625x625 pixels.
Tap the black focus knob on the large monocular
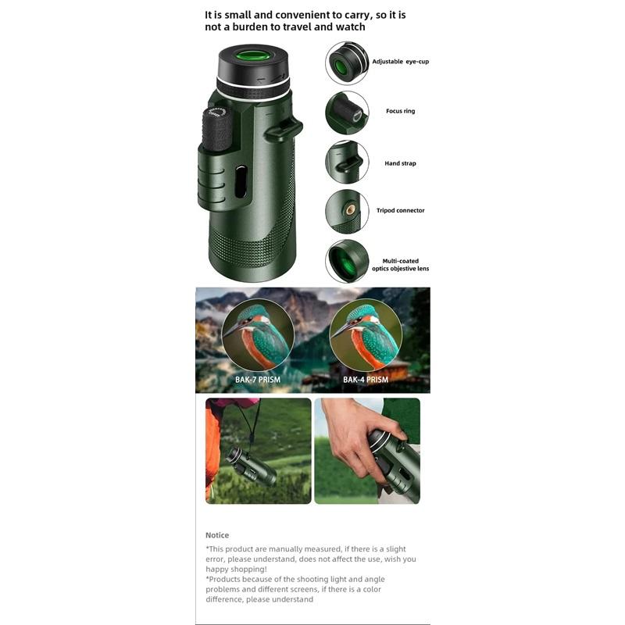tap(217, 127)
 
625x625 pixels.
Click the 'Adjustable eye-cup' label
tap(399, 61)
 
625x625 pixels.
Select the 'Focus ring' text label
tap(400, 111)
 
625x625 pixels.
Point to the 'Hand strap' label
tap(400, 163)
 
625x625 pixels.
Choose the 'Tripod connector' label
tap(400, 210)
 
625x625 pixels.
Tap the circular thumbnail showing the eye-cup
tap(347, 63)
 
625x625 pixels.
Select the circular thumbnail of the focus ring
tap(347, 112)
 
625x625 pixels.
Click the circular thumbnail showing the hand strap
tap(347, 162)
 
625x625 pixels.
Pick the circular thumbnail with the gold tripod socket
tap(347, 211)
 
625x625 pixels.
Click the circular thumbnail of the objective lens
tap(347, 261)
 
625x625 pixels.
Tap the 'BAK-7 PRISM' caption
tap(257, 380)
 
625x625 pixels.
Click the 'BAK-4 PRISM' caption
tap(365, 380)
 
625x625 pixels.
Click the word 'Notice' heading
tap(217, 535)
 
